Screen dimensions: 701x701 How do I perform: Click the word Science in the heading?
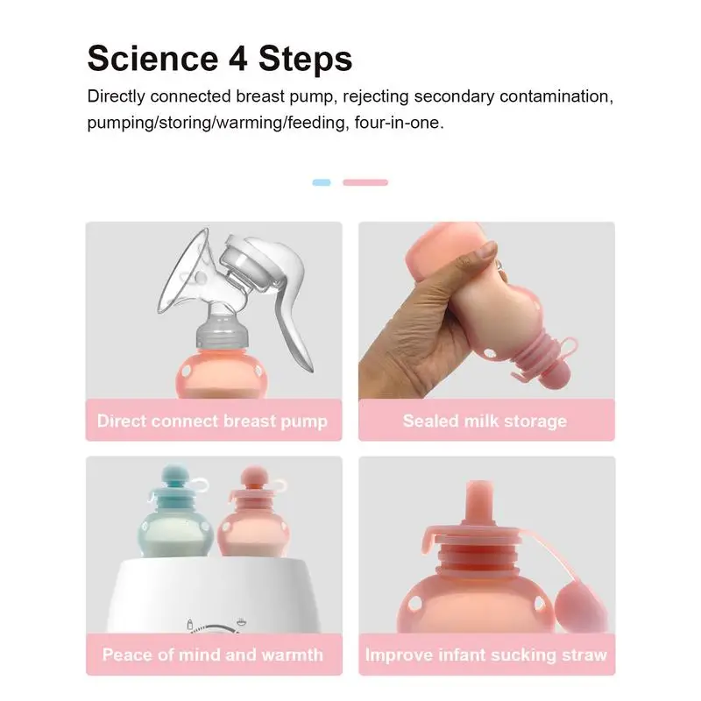(x=152, y=59)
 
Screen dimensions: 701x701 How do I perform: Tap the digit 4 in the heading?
(x=238, y=59)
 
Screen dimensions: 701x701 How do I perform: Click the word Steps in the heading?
(x=305, y=60)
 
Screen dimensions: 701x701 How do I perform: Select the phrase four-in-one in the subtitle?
(x=400, y=123)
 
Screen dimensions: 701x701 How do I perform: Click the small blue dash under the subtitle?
(x=322, y=182)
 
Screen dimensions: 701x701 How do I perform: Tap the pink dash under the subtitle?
(x=365, y=182)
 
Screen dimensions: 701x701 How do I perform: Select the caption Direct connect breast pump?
(x=212, y=421)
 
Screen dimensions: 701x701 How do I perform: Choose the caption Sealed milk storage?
(x=485, y=421)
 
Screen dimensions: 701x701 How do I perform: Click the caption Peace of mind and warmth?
(x=213, y=655)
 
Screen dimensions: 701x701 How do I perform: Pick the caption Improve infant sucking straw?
(x=486, y=655)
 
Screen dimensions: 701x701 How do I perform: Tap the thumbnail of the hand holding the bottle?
(x=486, y=310)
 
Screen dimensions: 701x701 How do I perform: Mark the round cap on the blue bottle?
(x=173, y=477)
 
